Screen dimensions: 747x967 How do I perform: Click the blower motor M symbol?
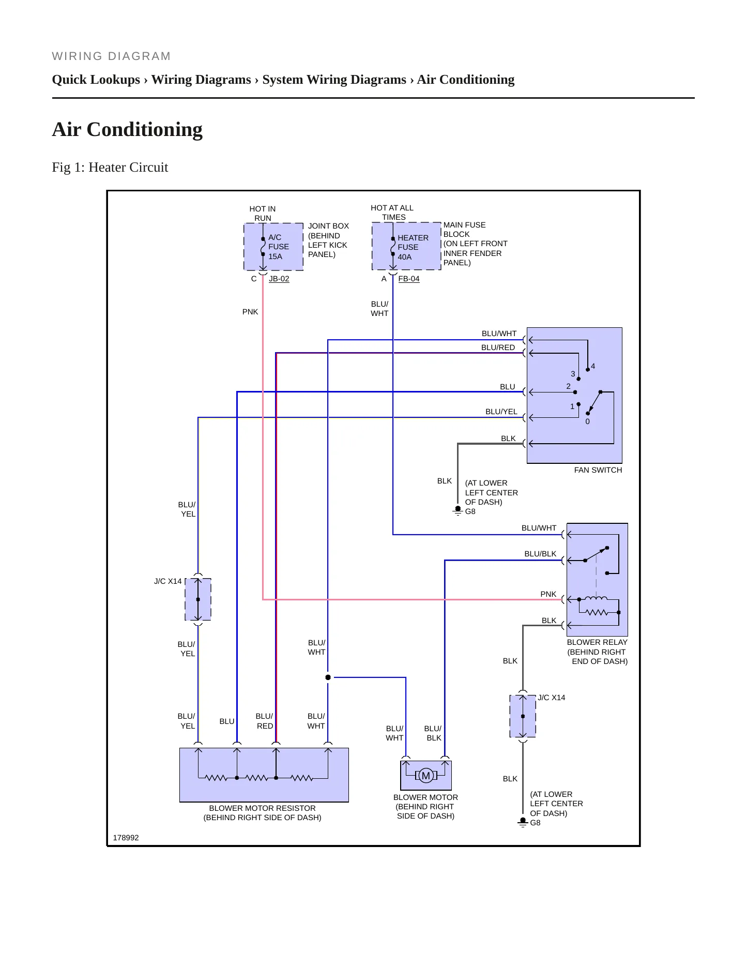(426, 775)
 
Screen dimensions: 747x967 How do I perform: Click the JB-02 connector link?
(279, 279)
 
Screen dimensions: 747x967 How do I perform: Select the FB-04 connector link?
(409, 279)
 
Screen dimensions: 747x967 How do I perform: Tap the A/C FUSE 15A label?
(278, 247)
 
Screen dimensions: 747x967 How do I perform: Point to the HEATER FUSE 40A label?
(413, 247)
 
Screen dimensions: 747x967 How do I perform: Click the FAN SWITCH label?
(598, 470)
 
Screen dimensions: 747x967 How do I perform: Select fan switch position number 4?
(593, 366)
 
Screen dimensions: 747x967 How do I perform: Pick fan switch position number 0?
(587, 421)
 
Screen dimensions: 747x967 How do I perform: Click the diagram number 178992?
(126, 838)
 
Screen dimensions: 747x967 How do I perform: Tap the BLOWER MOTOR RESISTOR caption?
(262, 808)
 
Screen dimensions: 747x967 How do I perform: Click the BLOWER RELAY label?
(597, 642)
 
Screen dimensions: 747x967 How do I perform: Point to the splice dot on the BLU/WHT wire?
(328, 677)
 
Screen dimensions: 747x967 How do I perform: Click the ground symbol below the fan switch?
(458, 510)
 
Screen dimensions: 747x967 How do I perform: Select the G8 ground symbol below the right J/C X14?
(523, 822)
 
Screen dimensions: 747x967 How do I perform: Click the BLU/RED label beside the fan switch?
(498, 347)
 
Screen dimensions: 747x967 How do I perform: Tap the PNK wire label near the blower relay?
(548, 594)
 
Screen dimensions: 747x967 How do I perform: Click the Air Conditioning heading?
(127, 129)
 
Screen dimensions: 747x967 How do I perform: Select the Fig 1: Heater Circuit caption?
(110, 167)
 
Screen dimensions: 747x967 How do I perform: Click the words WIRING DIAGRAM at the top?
(111, 56)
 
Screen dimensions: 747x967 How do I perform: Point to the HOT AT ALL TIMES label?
(392, 213)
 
